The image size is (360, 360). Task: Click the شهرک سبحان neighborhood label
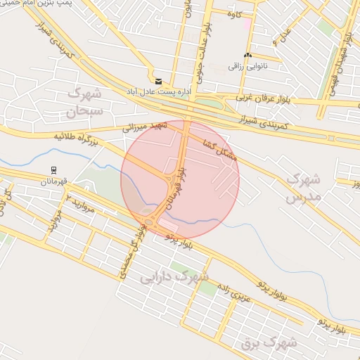tap(85, 101)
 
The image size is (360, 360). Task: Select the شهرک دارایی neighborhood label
tap(169, 276)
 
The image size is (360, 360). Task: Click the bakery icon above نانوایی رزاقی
tap(247, 55)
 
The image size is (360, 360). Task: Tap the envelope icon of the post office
tap(158, 82)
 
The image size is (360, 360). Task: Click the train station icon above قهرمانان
tap(53, 169)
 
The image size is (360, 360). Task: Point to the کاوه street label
tap(236, 13)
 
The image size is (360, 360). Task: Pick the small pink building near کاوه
tap(247, 24)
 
